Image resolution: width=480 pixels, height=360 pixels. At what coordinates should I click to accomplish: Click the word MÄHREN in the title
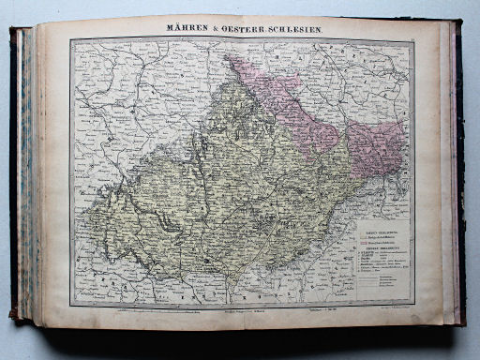pyautogui.click(x=187, y=29)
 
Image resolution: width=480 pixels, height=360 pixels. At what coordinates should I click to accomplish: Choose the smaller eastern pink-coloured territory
pyautogui.click(x=375, y=145)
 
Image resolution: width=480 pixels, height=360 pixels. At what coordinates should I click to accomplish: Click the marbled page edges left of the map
pyautogui.click(x=25, y=178)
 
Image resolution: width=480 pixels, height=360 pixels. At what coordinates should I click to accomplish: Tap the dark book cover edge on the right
pyautogui.click(x=459, y=178)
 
